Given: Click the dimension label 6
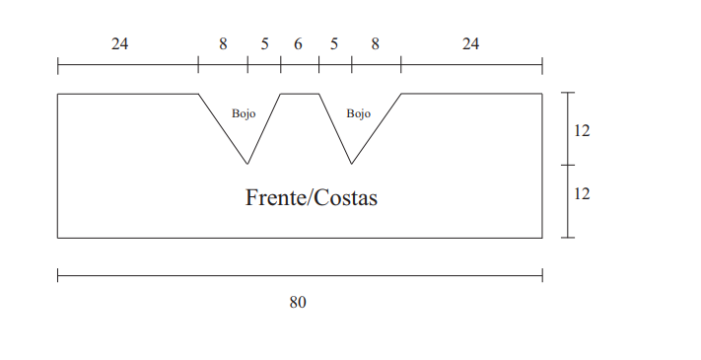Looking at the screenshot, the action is [298, 43].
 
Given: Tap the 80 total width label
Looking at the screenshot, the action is [298, 303].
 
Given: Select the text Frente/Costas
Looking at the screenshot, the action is [312, 197].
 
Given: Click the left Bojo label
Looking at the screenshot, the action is [244, 113].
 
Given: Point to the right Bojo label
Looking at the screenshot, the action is [359, 113].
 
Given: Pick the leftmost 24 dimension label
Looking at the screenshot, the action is [120, 43].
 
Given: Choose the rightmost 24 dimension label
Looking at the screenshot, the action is [470, 43].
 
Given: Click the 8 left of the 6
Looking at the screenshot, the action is [223, 43].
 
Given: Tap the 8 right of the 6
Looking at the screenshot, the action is [375, 43].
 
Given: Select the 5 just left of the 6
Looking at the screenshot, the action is [264, 43].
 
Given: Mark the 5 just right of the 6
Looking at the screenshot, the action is [334, 43].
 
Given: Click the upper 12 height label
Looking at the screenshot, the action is [582, 130].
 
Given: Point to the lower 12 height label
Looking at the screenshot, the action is [582, 193].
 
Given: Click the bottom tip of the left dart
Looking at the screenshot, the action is [247, 164].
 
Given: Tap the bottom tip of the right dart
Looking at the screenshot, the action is [351, 164].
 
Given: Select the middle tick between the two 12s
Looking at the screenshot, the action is [568, 165].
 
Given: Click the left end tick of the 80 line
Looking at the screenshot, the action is [57, 275].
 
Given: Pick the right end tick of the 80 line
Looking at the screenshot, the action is [542, 275].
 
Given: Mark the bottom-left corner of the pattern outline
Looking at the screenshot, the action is [57, 238].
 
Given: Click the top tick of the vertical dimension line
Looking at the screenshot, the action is [568, 93].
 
